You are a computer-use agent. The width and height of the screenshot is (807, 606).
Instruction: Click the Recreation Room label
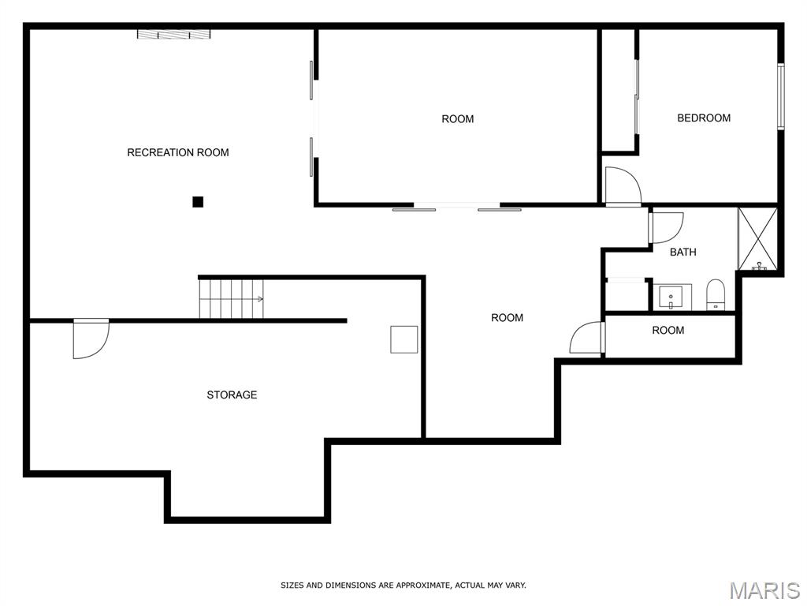178,152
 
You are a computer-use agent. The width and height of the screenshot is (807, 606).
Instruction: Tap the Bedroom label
704,118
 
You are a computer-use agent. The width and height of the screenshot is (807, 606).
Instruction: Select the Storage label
232,395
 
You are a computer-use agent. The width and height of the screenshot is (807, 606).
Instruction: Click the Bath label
683,252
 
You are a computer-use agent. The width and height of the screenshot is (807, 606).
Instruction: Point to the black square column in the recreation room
198,202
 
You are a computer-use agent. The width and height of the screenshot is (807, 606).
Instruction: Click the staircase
231,299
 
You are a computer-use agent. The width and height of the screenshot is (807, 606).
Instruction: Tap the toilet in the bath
715,295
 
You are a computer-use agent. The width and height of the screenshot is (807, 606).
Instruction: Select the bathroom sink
671,297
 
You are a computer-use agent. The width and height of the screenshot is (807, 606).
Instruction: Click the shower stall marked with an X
757,238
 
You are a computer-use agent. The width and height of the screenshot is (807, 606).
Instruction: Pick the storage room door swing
91,339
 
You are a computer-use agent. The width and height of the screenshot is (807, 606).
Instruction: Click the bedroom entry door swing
623,186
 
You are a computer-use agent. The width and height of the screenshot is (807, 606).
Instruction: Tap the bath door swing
667,228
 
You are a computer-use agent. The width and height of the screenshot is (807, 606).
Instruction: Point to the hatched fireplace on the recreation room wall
174,35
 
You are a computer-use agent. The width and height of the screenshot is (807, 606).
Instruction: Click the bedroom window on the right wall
781,96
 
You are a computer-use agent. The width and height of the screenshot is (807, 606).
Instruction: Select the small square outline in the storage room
404,339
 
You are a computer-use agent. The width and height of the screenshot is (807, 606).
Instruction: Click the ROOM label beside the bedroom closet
458,119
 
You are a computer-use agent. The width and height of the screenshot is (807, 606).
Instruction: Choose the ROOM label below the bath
668,331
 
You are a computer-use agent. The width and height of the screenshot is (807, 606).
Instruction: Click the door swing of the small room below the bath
586,338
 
